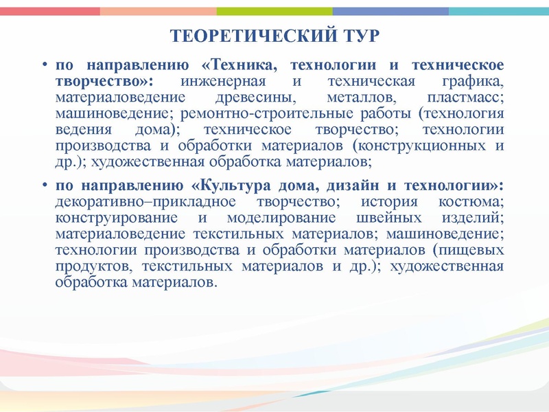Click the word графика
pos(474,82)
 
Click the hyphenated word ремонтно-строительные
pos(260,113)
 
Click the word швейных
pos(377,218)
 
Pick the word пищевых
pos(473,250)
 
